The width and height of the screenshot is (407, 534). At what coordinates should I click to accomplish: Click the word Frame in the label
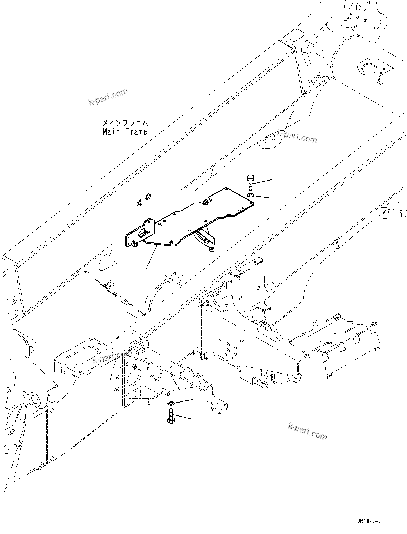click(x=136, y=132)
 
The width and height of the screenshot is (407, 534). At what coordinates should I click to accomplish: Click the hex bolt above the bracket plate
click(x=250, y=182)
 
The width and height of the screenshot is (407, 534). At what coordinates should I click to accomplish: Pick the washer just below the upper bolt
click(x=250, y=195)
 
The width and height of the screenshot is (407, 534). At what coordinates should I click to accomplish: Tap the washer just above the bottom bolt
click(x=171, y=404)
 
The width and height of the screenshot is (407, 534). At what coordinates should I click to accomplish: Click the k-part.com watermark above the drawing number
click(x=308, y=430)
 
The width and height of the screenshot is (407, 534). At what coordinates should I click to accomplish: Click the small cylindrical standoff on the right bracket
click(x=227, y=307)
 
